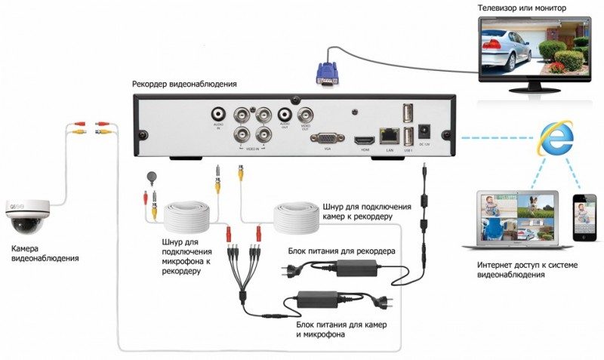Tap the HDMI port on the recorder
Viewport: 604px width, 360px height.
(364, 140)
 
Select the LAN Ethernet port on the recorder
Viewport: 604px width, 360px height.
(390, 136)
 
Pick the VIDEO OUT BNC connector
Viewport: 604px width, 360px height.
(306, 115)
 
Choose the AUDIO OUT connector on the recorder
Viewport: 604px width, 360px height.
(285, 115)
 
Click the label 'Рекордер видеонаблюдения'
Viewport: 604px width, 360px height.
(184, 84)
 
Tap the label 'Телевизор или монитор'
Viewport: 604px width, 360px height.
(521, 8)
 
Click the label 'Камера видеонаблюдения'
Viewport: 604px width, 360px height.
(45, 253)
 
